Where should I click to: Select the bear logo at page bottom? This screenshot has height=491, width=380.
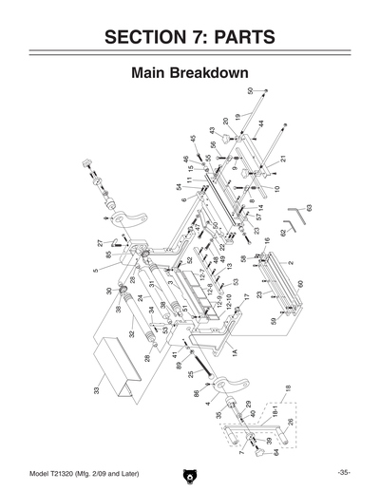point(190,473)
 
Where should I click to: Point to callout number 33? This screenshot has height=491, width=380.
point(97,389)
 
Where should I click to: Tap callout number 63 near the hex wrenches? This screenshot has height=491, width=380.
point(309,206)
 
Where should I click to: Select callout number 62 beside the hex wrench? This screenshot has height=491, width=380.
point(283,232)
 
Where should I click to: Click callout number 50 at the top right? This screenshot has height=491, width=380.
point(251,91)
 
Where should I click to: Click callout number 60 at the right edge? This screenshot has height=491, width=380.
point(300,283)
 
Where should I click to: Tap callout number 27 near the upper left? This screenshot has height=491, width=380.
point(100,243)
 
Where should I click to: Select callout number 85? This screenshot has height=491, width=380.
point(109,254)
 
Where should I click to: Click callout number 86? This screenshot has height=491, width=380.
point(197,392)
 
